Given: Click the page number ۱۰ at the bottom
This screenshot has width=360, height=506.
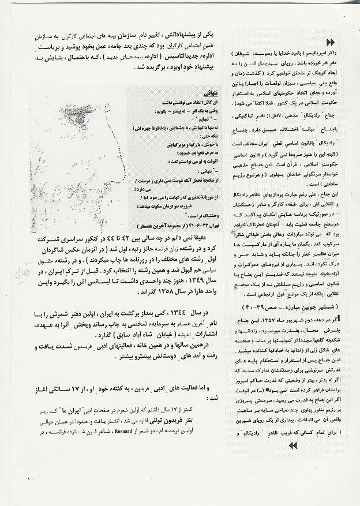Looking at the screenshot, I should point(30,479).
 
